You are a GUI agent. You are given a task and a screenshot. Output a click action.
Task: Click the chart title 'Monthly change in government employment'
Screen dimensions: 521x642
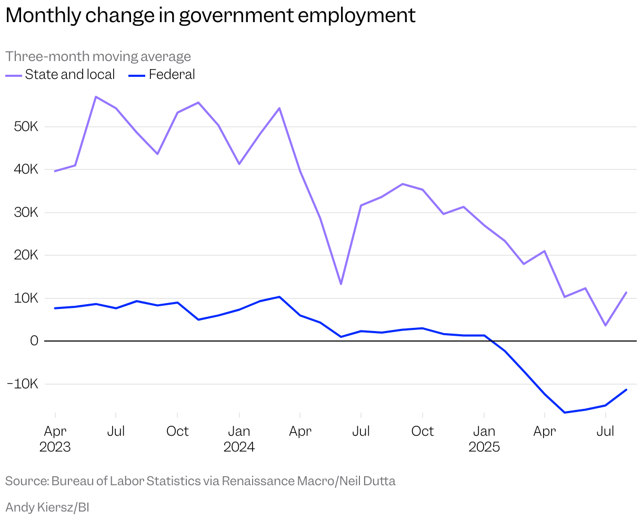point(210,16)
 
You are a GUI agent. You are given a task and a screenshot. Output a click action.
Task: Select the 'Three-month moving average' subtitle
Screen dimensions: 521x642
point(98,56)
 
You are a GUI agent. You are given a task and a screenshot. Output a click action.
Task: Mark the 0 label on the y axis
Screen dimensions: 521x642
point(34,341)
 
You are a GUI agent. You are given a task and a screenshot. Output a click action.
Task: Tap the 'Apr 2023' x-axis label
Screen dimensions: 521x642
point(55,439)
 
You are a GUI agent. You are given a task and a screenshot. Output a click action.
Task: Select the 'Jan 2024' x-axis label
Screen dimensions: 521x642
point(239,439)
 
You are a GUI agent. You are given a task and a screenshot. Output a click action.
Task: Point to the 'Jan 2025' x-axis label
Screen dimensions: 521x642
point(484,439)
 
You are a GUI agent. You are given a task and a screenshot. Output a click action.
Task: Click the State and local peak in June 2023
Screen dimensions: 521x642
point(95,97)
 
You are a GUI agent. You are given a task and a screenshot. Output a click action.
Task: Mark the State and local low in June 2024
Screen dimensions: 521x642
point(341,284)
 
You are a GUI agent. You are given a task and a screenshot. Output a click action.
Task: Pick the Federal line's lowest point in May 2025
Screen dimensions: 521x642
point(565,413)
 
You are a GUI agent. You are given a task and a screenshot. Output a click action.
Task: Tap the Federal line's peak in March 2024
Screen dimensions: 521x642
point(279,297)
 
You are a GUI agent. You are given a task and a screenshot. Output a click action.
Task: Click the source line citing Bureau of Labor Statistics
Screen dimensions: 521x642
point(200,481)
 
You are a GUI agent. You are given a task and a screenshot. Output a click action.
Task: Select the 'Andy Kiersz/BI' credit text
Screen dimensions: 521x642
point(47,507)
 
